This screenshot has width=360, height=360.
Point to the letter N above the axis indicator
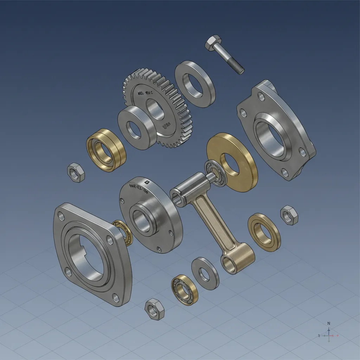[329, 323]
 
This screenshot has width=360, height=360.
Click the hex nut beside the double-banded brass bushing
[76, 172]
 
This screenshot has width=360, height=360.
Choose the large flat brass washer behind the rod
[232, 162]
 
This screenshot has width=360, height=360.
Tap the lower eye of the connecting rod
[228, 264]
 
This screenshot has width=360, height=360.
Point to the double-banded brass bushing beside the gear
[106, 149]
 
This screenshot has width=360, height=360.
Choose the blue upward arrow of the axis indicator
[329, 330]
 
